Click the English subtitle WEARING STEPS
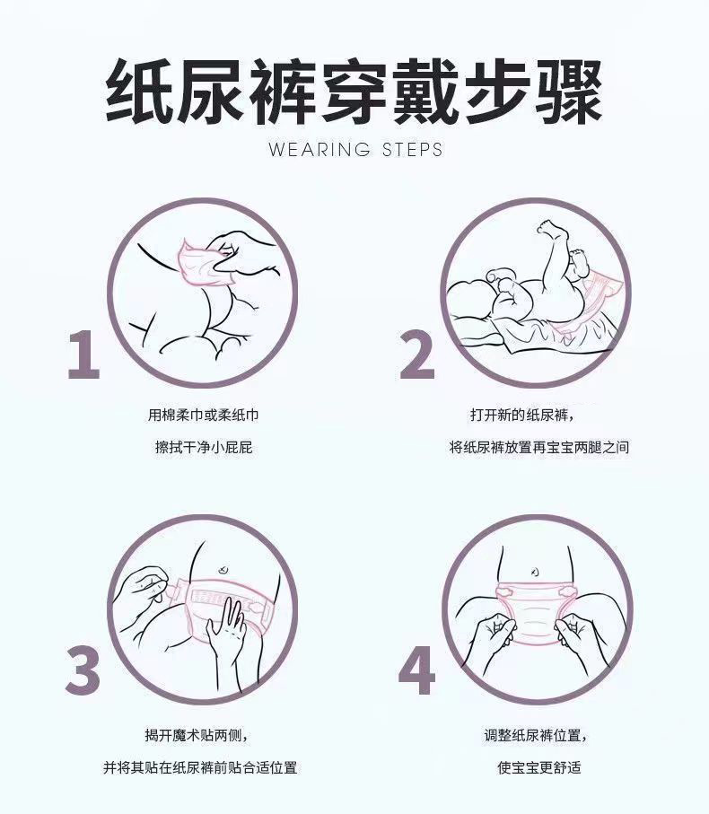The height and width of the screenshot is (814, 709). (x=355, y=150)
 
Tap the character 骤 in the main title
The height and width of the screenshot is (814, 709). (x=568, y=91)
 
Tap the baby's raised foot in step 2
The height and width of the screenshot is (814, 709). (x=551, y=229)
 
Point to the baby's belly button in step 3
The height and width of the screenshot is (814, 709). (x=223, y=570)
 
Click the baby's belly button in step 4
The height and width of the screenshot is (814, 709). (x=535, y=572)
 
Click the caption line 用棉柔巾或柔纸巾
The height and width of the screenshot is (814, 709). (x=204, y=415)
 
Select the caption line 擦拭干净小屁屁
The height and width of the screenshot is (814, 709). (x=204, y=447)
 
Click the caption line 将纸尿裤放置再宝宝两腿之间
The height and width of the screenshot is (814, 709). (x=538, y=447)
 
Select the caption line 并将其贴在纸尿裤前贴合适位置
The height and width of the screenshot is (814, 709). (x=200, y=767)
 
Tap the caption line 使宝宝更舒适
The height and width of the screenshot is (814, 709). (x=538, y=767)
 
